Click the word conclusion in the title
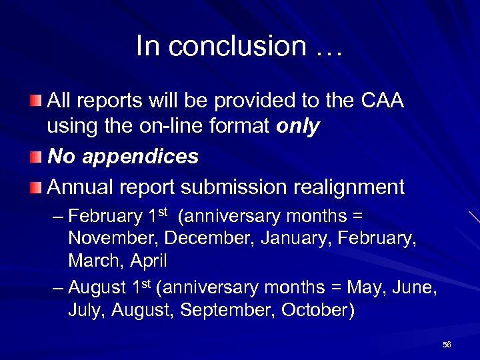coord(237,47)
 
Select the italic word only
coord(297,127)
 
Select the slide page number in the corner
coord(447,344)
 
